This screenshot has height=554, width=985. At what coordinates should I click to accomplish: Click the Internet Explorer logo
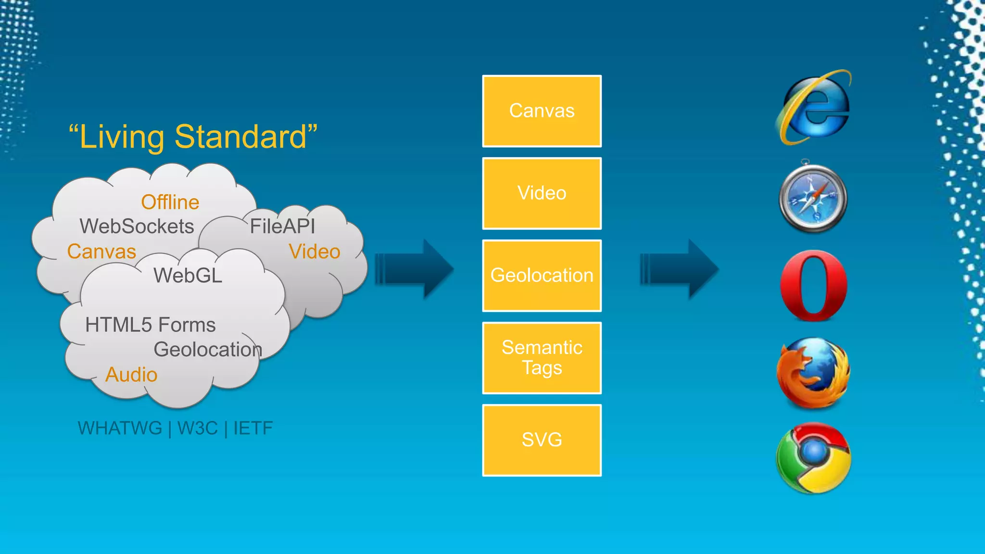[814, 108]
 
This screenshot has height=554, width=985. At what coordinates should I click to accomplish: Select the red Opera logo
[814, 285]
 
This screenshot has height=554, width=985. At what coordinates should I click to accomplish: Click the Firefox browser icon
[813, 373]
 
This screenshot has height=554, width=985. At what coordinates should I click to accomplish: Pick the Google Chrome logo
[813, 458]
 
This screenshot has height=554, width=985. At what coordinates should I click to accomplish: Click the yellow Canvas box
[542, 111]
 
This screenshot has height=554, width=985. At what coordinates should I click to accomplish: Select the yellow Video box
[542, 193]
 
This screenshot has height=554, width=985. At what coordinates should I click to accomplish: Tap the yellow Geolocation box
[542, 276]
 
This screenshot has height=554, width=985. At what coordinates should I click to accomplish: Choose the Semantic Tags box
[542, 358]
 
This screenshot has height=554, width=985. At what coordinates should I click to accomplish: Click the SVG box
[542, 440]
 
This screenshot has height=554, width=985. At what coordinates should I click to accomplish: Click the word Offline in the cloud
[170, 202]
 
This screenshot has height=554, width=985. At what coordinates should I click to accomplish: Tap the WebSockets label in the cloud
[137, 227]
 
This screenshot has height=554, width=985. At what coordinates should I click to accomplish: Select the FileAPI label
[282, 227]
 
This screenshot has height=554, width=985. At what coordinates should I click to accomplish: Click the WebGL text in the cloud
[188, 276]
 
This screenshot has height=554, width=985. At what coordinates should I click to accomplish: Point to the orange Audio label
[131, 375]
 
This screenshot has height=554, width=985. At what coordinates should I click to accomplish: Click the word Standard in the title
[240, 137]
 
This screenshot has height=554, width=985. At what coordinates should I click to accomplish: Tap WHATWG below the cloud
[120, 428]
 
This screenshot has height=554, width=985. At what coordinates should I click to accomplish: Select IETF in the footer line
[253, 428]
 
